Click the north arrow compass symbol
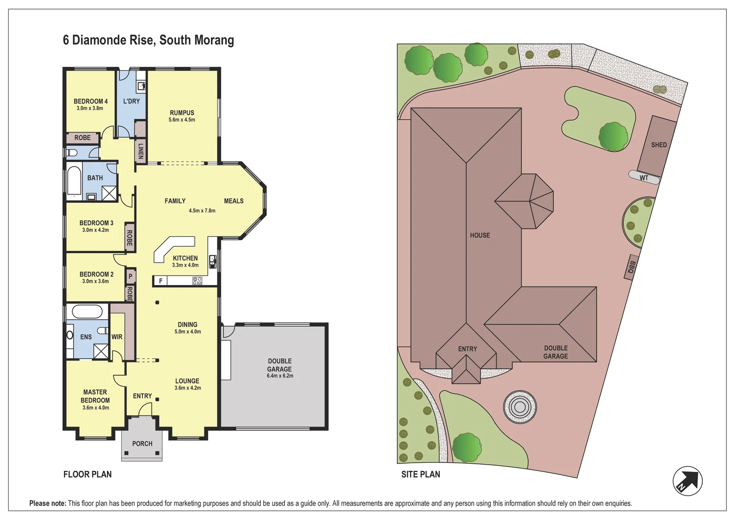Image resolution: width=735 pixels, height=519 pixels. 687,481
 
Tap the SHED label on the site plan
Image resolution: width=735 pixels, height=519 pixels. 659,145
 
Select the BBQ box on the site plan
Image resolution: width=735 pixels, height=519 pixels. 632,267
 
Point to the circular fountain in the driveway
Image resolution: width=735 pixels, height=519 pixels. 520,407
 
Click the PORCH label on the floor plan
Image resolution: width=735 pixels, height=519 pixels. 142,444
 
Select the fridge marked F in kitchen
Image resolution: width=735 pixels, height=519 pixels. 161,281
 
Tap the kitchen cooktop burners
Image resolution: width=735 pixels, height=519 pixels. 197,281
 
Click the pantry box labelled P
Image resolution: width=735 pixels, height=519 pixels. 130,276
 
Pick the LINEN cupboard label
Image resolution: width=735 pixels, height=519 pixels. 140,151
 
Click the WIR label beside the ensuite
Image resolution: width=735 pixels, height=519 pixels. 117,337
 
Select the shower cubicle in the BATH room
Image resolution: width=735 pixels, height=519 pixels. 109,193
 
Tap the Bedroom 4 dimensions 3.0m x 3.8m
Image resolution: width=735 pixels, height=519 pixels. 90,108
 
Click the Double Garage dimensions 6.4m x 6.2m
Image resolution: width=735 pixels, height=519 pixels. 280,376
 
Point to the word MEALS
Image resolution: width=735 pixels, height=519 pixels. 234,201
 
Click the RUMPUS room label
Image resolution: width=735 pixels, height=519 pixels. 182,113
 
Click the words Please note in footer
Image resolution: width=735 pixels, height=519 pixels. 48,503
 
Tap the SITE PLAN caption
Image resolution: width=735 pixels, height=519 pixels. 420,474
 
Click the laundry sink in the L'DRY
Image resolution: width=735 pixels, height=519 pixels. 141,86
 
